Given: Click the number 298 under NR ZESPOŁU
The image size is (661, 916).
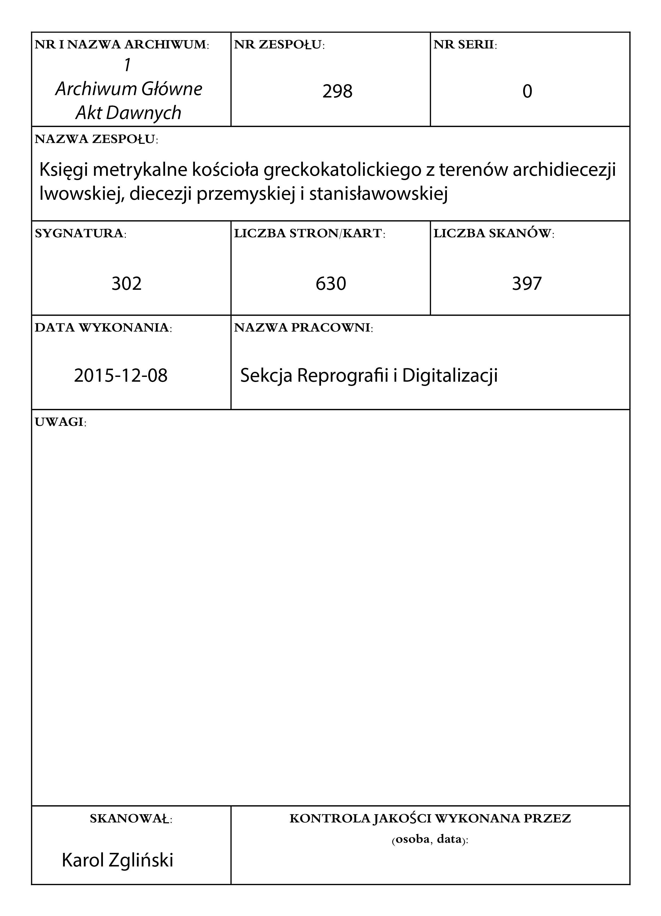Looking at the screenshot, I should [x=337, y=91].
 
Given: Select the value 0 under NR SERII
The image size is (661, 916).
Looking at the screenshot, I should [x=527, y=91].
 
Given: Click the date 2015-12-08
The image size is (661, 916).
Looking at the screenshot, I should [x=121, y=376].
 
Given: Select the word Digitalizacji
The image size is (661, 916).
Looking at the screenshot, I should [x=450, y=376].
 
